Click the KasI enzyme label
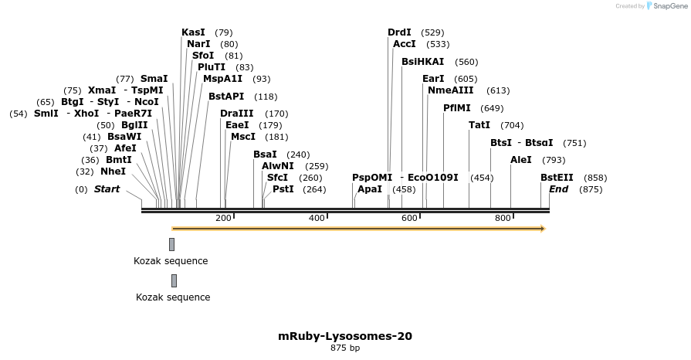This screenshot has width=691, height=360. pyautogui.click(x=193, y=32)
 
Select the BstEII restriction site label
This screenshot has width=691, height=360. pyautogui.click(x=557, y=178)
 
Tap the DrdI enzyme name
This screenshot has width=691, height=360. pyautogui.click(x=399, y=32)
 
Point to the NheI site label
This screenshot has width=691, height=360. pyautogui.click(x=113, y=172)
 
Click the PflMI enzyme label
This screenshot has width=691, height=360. pyautogui.click(x=457, y=108)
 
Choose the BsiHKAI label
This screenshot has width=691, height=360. pyautogui.click(x=422, y=62)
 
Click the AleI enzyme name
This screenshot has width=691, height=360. pyautogui.click(x=521, y=160)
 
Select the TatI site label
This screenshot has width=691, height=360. pyautogui.click(x=479, y=125)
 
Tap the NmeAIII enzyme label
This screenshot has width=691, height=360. pyautogui.click(x=447, y=90)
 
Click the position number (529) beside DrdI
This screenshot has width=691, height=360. pyautogui.click(x=433, y=32)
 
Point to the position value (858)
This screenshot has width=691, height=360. pyautogui.click(x=595, y=178)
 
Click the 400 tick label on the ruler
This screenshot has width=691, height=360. pyautogui.click(x=317, y=219)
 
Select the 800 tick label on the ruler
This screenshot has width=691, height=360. pyautogui.click(x=503, y=219)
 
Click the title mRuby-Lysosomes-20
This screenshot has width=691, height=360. pyautogui.click(x=345, y=336)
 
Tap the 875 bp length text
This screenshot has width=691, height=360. pyautogui.click(x=345, y=348)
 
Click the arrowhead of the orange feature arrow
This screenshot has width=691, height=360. pyautogui.click(x=543, y=229)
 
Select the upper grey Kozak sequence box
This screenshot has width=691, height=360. pyautogui.click(x=171, y=244)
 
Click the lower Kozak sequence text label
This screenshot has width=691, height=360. pyautogui.click(x=173, y=297)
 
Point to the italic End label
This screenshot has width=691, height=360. pyautogui.click(x=558, y=189)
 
